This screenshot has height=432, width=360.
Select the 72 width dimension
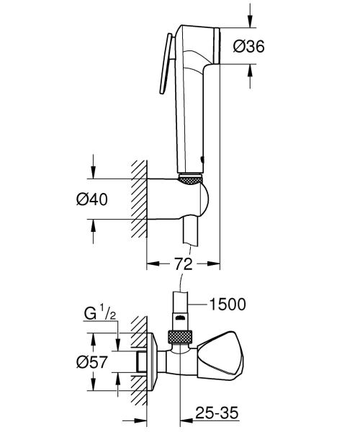[184, 264]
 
